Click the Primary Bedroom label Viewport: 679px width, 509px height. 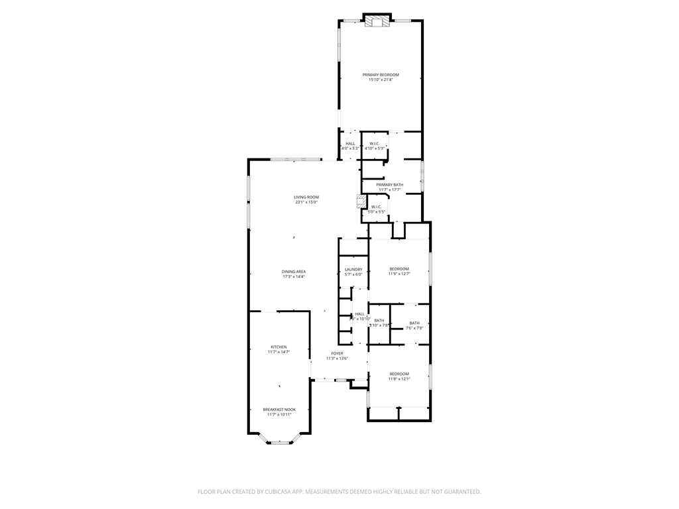tap(381, 75)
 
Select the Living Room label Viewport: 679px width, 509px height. tap(306, 197)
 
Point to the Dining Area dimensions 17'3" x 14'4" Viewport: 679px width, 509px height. tap(294, 277)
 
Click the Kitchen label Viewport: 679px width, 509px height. tap(278, 347)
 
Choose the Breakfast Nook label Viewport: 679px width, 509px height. tap(279, 410)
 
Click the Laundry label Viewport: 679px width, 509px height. tap(353, 269)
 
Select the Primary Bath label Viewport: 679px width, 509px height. tap(389, 184)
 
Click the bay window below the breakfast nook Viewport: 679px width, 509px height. tap(279, 442)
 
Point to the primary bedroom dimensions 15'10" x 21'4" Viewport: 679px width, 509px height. tap(381, 80)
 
